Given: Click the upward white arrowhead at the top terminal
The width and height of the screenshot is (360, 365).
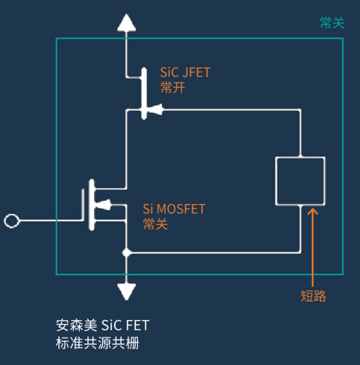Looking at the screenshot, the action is (x=126, y=23).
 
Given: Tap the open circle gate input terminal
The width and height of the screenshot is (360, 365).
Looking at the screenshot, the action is (x=12, y=220).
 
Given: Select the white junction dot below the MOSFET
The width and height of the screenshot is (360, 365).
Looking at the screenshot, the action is (x=126, y=252).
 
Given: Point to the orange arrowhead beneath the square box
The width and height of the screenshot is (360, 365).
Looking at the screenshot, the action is (x=313, y=211).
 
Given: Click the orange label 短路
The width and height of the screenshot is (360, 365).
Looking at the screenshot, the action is (x=313, y=296).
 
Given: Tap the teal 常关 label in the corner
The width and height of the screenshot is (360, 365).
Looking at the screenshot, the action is (x=332, y=23).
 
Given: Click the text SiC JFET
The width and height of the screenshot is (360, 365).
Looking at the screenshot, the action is (x=185, y=72).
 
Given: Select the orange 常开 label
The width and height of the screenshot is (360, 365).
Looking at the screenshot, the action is (x=172, y=87).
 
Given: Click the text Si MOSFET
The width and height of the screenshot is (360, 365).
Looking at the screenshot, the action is (x=174, y=209).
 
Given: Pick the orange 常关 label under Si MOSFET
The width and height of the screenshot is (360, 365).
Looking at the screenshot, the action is (x=156, y=224).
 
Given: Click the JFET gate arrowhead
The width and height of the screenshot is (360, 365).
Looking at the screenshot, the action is (x=155, y=110).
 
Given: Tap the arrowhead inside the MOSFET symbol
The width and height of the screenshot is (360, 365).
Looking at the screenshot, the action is (x=103, y=205).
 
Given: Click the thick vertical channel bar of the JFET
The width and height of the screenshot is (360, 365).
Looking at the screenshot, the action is (x=144, y=93).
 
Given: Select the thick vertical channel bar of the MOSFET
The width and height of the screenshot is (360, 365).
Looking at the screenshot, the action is (x=92, y=205).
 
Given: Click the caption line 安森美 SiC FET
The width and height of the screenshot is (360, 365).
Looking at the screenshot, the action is (x=103, y=325).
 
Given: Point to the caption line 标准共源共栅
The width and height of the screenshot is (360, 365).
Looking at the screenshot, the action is (x=97, y=343).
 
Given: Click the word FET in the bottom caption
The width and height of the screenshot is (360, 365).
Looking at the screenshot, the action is (x=137, y=325).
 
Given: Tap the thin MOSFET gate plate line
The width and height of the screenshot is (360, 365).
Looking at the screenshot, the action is (x=83, y=205).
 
